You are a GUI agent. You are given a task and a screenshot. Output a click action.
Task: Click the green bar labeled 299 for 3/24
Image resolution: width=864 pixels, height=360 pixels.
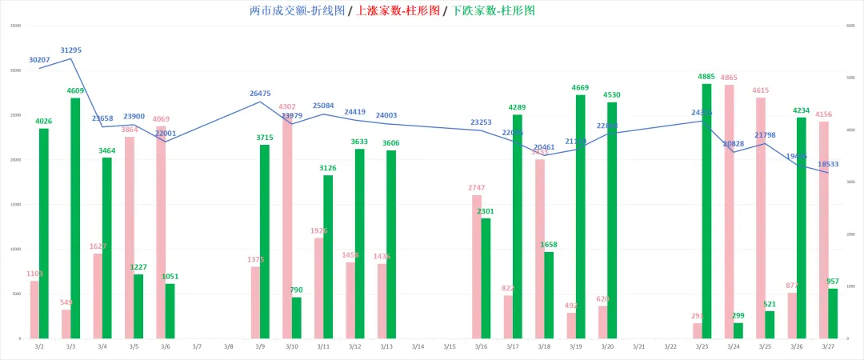[x=738, y=330]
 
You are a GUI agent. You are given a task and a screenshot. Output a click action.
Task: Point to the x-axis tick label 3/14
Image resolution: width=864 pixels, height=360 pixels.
[x=418, y=346]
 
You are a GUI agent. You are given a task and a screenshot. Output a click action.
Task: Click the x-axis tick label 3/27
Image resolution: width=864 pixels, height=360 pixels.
[x=828, y=346]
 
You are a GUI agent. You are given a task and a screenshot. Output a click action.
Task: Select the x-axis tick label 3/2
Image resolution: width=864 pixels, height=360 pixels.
[x=39, y=346]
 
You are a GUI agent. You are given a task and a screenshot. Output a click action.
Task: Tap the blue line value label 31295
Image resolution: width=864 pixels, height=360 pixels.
[x=70, y=50]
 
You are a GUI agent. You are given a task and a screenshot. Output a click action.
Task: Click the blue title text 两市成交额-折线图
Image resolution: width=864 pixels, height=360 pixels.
[x=298, y=11]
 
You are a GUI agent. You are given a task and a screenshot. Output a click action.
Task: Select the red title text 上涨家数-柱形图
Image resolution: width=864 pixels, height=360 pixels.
[x=398, y=11]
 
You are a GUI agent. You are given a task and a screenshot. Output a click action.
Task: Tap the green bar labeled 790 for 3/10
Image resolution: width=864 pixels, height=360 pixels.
[x=296, y=318]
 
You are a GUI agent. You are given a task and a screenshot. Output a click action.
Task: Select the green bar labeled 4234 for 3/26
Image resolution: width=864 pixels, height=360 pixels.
[x=802, y=227]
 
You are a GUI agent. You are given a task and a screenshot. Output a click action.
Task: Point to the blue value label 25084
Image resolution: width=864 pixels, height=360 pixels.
[x=323, y=106]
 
